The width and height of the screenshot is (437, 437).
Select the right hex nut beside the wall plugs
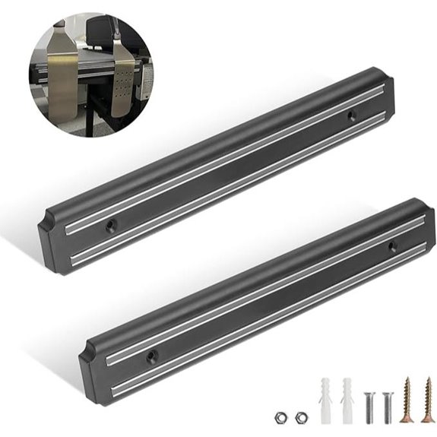coord(302,416)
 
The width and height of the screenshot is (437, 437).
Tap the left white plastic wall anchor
coord(325,399)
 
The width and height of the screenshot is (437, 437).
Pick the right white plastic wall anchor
coord(348,399)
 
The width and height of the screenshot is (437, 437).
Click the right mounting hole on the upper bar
coord(351,116)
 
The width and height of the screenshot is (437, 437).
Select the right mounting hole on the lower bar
coord(392,246)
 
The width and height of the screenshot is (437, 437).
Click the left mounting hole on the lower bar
coord(152,355)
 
